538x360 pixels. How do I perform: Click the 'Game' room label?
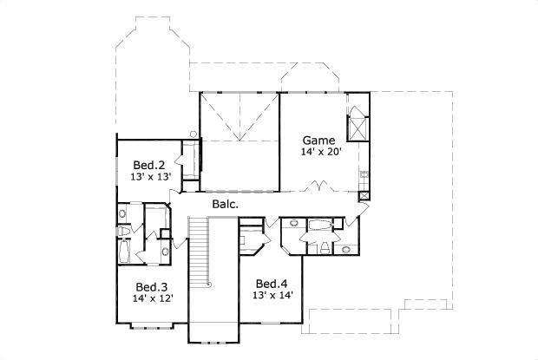pyautogui.click(x=318, y=140)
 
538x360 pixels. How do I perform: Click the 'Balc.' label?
pyautogui.click(x=225, y=205)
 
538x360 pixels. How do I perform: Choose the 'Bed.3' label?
pyautogui.click(x=151, y=287)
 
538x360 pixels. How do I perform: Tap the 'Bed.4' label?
pyautogui.click(x=271, y=284)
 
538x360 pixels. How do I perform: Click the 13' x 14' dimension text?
pyautogui.click(x=272, y=296)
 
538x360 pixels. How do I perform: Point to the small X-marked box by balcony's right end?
pyautogui.click(x=363, y=196)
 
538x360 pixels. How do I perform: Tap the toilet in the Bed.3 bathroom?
pyautogui.click(x=124, y=232)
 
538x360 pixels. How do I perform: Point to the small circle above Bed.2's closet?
pyautogui.click(x=194, y=134)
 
